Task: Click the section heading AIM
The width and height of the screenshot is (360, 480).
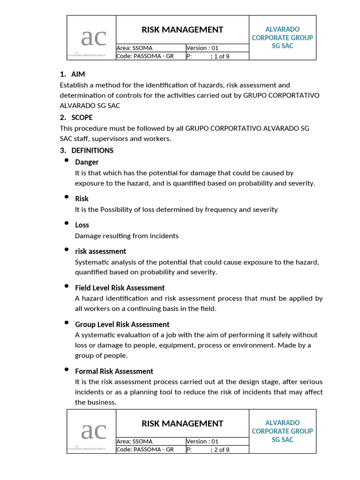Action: tap(78, 75)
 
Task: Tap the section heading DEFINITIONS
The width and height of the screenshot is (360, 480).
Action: tap(92, 150)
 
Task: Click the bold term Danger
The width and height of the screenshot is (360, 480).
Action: tap(87, 162)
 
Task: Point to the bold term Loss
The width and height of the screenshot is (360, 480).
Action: tap(82, 225)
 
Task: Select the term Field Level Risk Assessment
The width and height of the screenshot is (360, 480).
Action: tap(120, 288)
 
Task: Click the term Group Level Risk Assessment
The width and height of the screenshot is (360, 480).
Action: tap(122, 324)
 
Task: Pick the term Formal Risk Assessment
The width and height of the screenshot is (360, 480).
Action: tap(114, 371)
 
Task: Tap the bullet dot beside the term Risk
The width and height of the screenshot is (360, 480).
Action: tap(66, 197)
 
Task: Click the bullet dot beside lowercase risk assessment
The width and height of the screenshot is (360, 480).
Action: tap(66, 250)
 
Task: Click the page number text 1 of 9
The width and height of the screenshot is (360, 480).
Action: tap(221, 56)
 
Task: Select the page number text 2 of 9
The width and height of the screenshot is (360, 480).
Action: tap(221, 450)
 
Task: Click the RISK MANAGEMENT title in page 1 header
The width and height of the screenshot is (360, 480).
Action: tap(182, 30)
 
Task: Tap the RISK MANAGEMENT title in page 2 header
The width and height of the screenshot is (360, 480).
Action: tap(182, 424)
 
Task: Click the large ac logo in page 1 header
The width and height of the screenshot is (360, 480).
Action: tap(93, 37)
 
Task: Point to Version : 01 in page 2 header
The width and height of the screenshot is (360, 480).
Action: tap(202, 441)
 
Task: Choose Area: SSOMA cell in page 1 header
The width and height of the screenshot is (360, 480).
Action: tap(135, 48)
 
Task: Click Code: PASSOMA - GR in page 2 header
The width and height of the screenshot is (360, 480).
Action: tap(145, 450)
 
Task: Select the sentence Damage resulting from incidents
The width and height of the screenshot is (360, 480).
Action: tap(127, 236)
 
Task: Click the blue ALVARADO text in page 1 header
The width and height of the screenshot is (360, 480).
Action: tap(282, 30)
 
